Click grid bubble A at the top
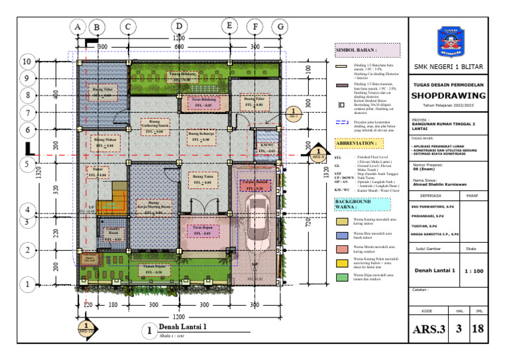coord(78,26)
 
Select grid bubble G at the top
coord(282,26)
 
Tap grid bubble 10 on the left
coord(27,62)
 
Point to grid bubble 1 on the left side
coord(27,284)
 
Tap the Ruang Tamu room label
coord(202,177)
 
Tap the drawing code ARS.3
coord(430,328)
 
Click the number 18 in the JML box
coord(477,328)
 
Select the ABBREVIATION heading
coord(357,143)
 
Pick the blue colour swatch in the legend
coord(342,234)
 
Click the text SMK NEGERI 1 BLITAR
coord(449,68)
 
